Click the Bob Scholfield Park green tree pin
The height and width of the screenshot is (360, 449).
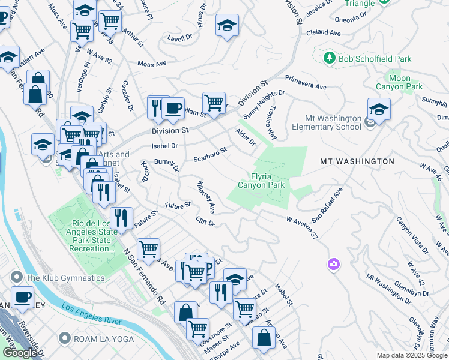(x=329, y=58)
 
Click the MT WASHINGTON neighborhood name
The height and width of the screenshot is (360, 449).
(x=357, y=161)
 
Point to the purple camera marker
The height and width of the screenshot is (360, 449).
(x=333, y=264)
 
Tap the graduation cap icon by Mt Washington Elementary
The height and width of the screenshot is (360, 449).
(x=379, y=109)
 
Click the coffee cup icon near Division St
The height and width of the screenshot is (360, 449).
(x=173, y=108)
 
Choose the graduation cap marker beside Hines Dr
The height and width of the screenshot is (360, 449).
(x=226, y=26)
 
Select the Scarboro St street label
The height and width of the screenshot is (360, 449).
(x=210, y=154)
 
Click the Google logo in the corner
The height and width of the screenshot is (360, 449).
(x=20, y=353)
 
